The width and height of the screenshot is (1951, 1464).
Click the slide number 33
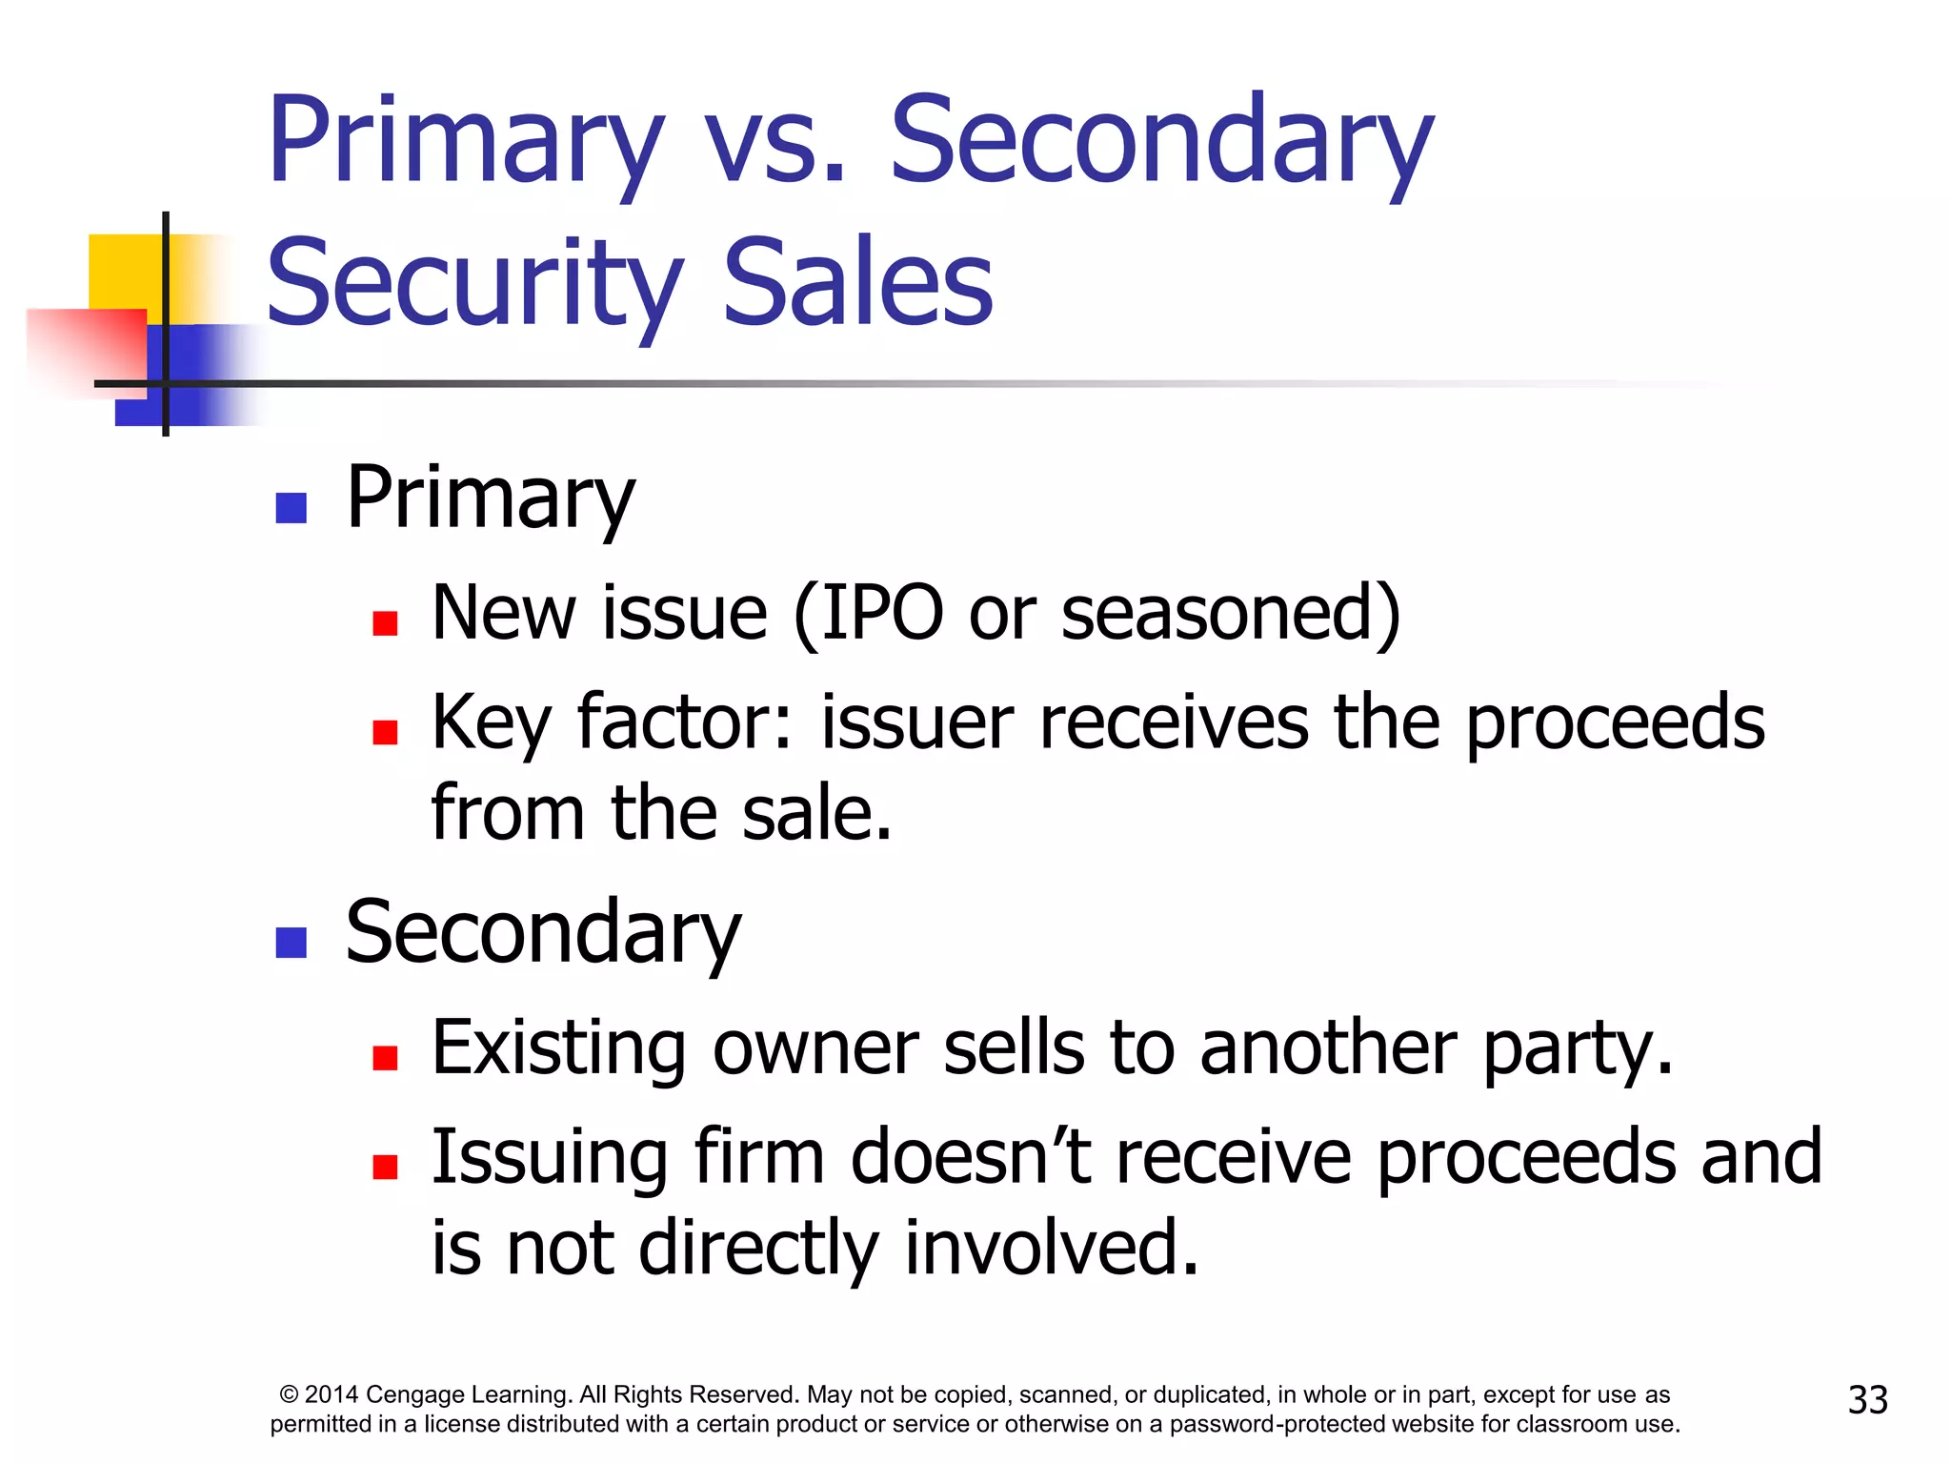point(1867,1399)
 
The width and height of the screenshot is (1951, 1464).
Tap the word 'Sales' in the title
point(857,284)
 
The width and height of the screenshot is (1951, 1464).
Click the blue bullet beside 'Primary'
point(291,507)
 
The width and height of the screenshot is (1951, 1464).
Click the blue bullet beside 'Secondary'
point(291,942)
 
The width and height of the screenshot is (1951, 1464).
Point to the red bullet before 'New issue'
point(385,623)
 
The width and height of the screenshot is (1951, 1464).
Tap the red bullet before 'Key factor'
point(385,732)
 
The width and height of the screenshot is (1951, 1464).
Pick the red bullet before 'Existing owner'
point(385,1058)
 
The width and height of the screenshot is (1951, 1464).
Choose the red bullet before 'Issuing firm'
point(385,1167)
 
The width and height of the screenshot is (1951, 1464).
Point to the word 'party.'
point(1578,1048)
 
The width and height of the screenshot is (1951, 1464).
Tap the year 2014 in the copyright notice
point(332,1394)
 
